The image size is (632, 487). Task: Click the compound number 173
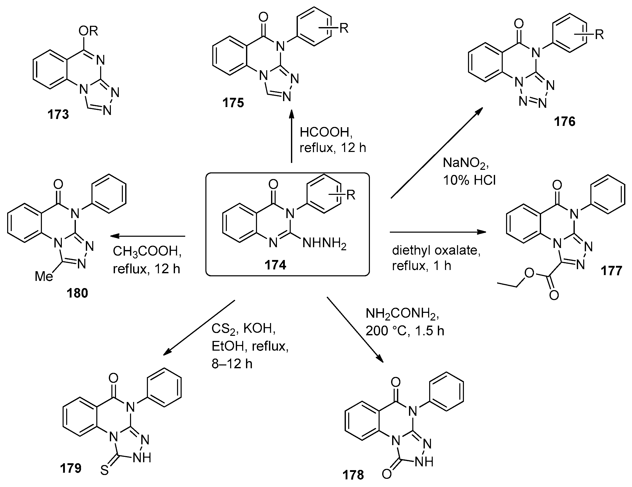pyautogui.click(x=58, y=115)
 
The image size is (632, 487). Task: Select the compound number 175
pyautogui.click(x=233, y=103)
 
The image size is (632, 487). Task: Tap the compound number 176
pyautogui.click(x=565, y=122)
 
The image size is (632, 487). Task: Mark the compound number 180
pyautogui.click(x=77, y=293)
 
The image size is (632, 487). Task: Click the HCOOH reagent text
pyautogui.click(x=326, y=132)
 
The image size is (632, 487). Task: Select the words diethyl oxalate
pyautogui.click(x=436, y=250)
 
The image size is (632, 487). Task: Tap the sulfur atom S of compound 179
pyautogui.click(x=104, y=470)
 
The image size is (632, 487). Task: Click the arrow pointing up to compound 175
pyautogui.click(x=291, y=136)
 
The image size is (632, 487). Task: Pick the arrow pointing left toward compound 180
pyautogui.click(x=148, y=236)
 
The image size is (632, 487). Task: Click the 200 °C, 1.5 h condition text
pyautogui.click(x=405, y=331)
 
